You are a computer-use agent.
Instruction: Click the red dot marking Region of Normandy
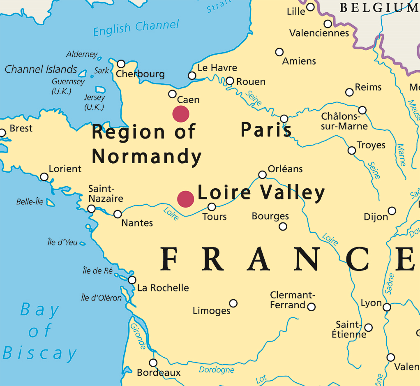181,114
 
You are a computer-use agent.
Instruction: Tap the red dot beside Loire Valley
185,199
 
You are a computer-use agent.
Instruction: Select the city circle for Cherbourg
121,64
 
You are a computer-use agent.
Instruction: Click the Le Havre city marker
192,76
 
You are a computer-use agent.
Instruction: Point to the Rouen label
251,82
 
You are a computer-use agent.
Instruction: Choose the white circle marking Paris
284,119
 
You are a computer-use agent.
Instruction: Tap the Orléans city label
285,169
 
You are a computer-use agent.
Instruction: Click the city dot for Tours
212,207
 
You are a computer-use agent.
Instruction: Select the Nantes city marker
118,214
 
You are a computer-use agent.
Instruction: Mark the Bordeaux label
159,373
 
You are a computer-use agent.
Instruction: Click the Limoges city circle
233,303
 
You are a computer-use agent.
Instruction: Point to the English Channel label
136,28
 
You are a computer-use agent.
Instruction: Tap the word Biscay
40,353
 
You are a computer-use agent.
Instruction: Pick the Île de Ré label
97,270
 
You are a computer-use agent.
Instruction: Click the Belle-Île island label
30,202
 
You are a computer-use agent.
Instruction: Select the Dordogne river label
217,370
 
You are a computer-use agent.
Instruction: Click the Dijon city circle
392,211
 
